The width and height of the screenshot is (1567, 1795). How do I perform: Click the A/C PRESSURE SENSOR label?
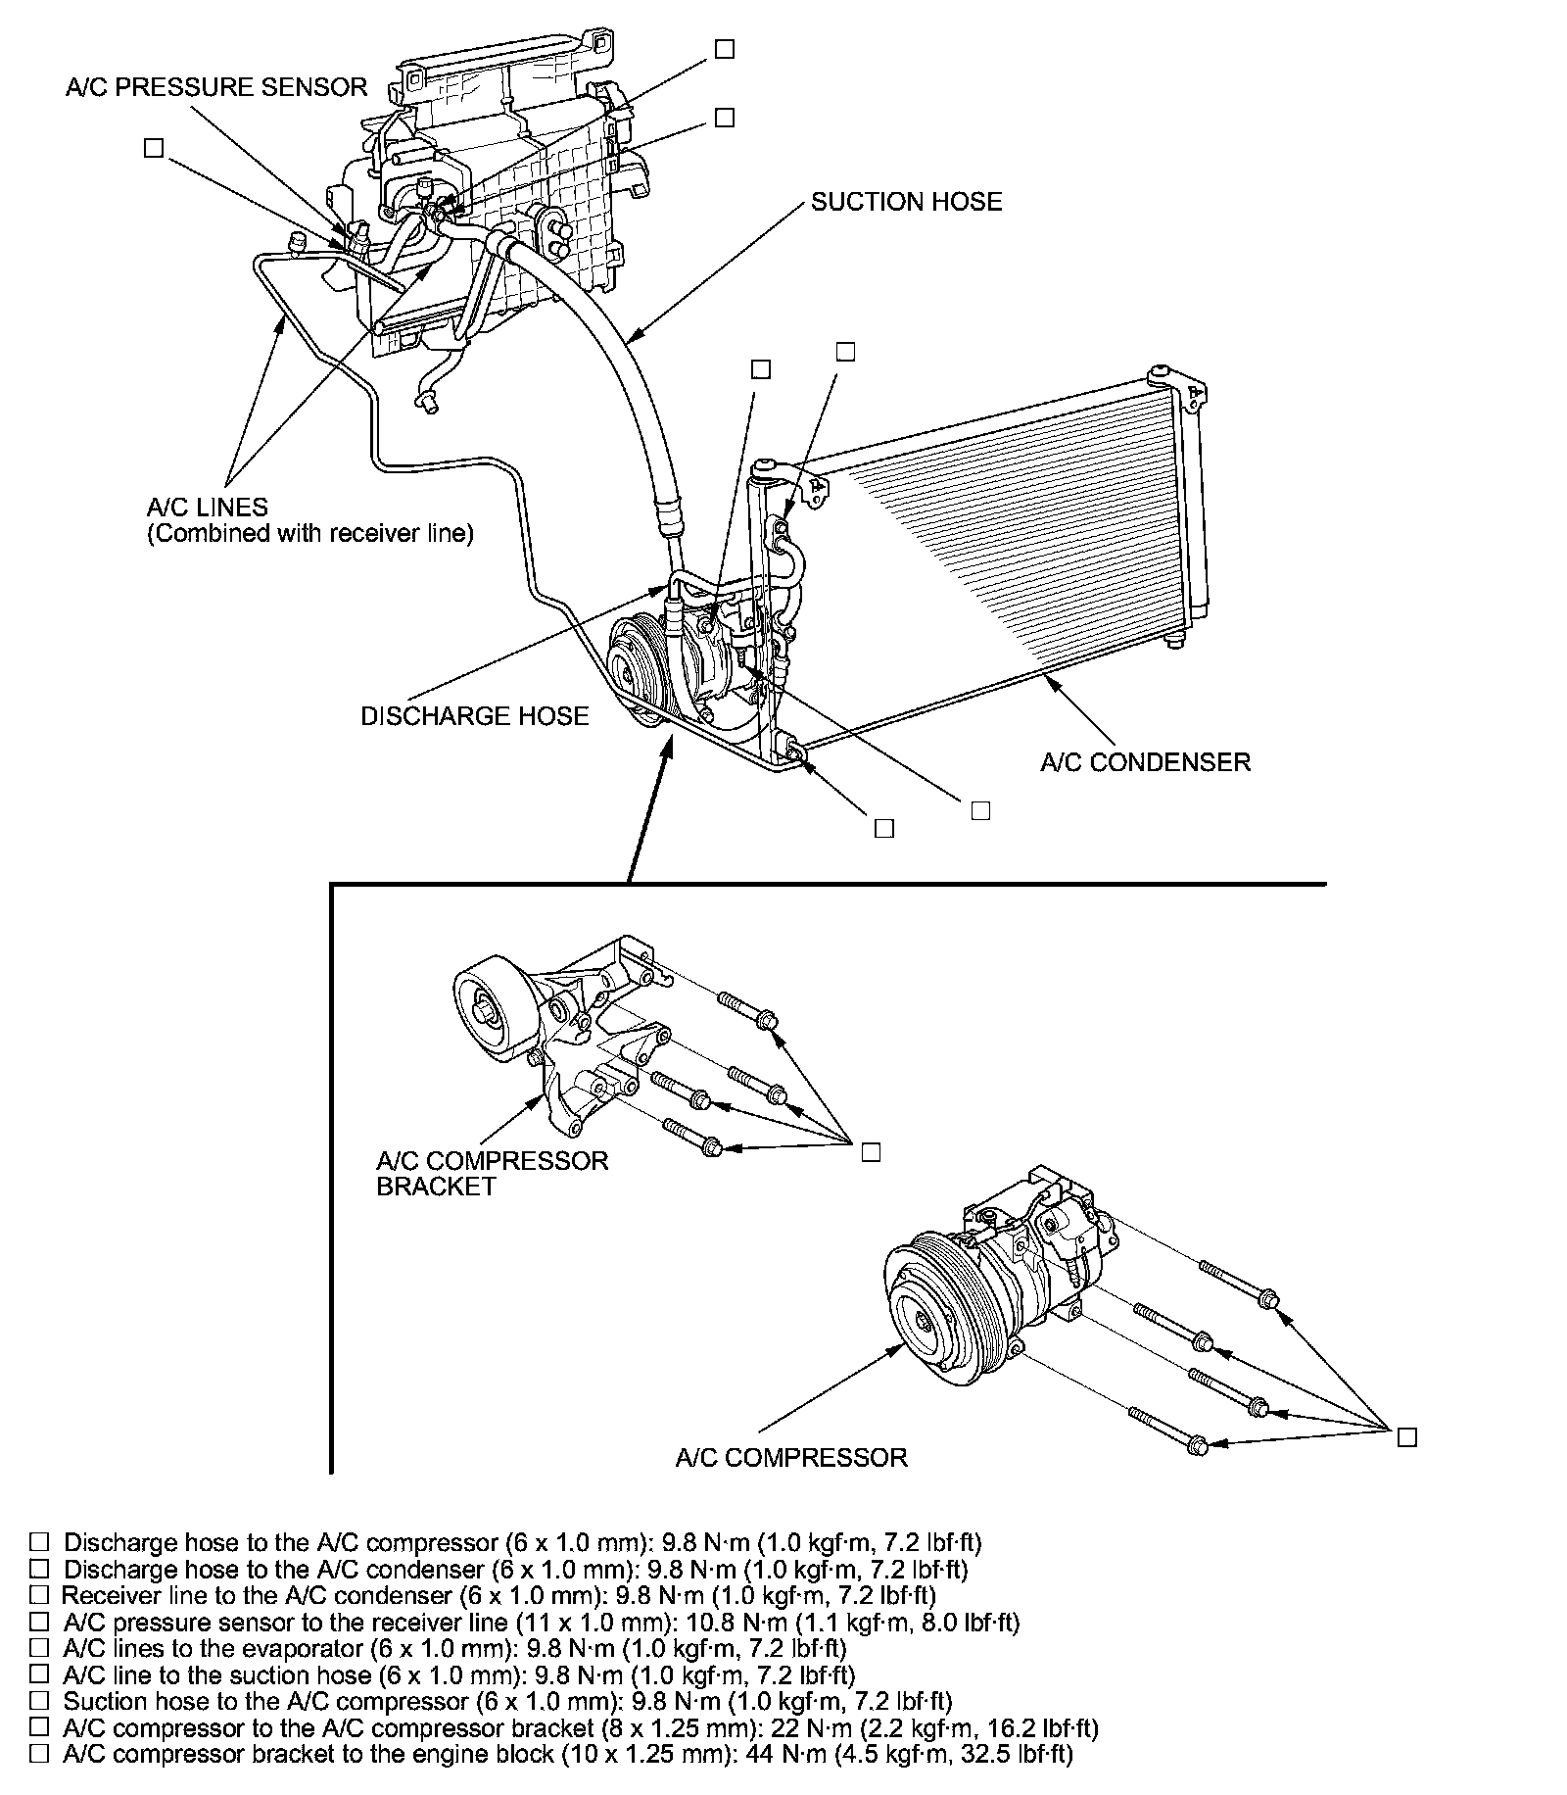pos(216,87)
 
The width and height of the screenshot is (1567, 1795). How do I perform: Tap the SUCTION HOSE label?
pos(906,202)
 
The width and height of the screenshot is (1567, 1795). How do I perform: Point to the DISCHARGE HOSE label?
pos(475,716)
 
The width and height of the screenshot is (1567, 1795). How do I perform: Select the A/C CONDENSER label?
pos(1145,762)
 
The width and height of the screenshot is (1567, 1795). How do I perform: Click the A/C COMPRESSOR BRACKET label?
pos(492,1173)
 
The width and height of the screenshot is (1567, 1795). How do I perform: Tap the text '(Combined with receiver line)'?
pos(310,534)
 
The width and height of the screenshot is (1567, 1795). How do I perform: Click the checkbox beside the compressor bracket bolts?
pos(871,1152)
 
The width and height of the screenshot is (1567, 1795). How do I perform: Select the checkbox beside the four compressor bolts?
pos(1407,1437)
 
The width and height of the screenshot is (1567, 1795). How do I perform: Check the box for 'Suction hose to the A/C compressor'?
pos(39,1700)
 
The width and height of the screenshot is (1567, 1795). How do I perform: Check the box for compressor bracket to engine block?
pos(39,1753)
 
